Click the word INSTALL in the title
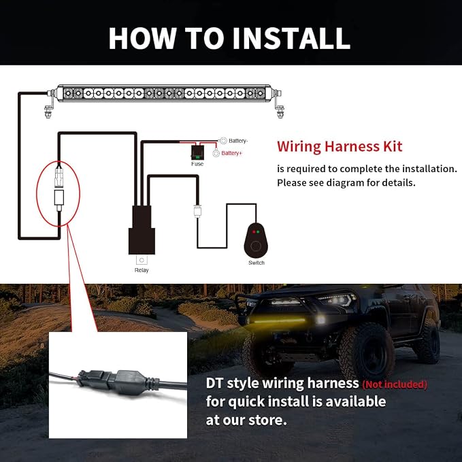(x=291, y=38)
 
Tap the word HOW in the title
(x=143, y=38)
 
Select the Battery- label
(x=238, y=141)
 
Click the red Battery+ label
(x=231, y=153)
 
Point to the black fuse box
(x=197, y=152)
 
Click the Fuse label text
(x=197, y=164)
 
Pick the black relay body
(x=142, y=230)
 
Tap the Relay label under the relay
(x=142, y=270)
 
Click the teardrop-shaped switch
(x=256, y=241)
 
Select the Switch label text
(x=257, y=263)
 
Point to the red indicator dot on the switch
(x=254, y=232)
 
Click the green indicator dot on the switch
(x=258, y=232)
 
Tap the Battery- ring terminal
(x=223, y=141)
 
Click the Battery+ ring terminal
(x=216, y=153)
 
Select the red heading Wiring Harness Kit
(x=340, y=146)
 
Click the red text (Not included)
(x=395, y=384)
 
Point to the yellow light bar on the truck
(x=277, y=320)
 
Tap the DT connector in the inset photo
(x=118, y=381)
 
